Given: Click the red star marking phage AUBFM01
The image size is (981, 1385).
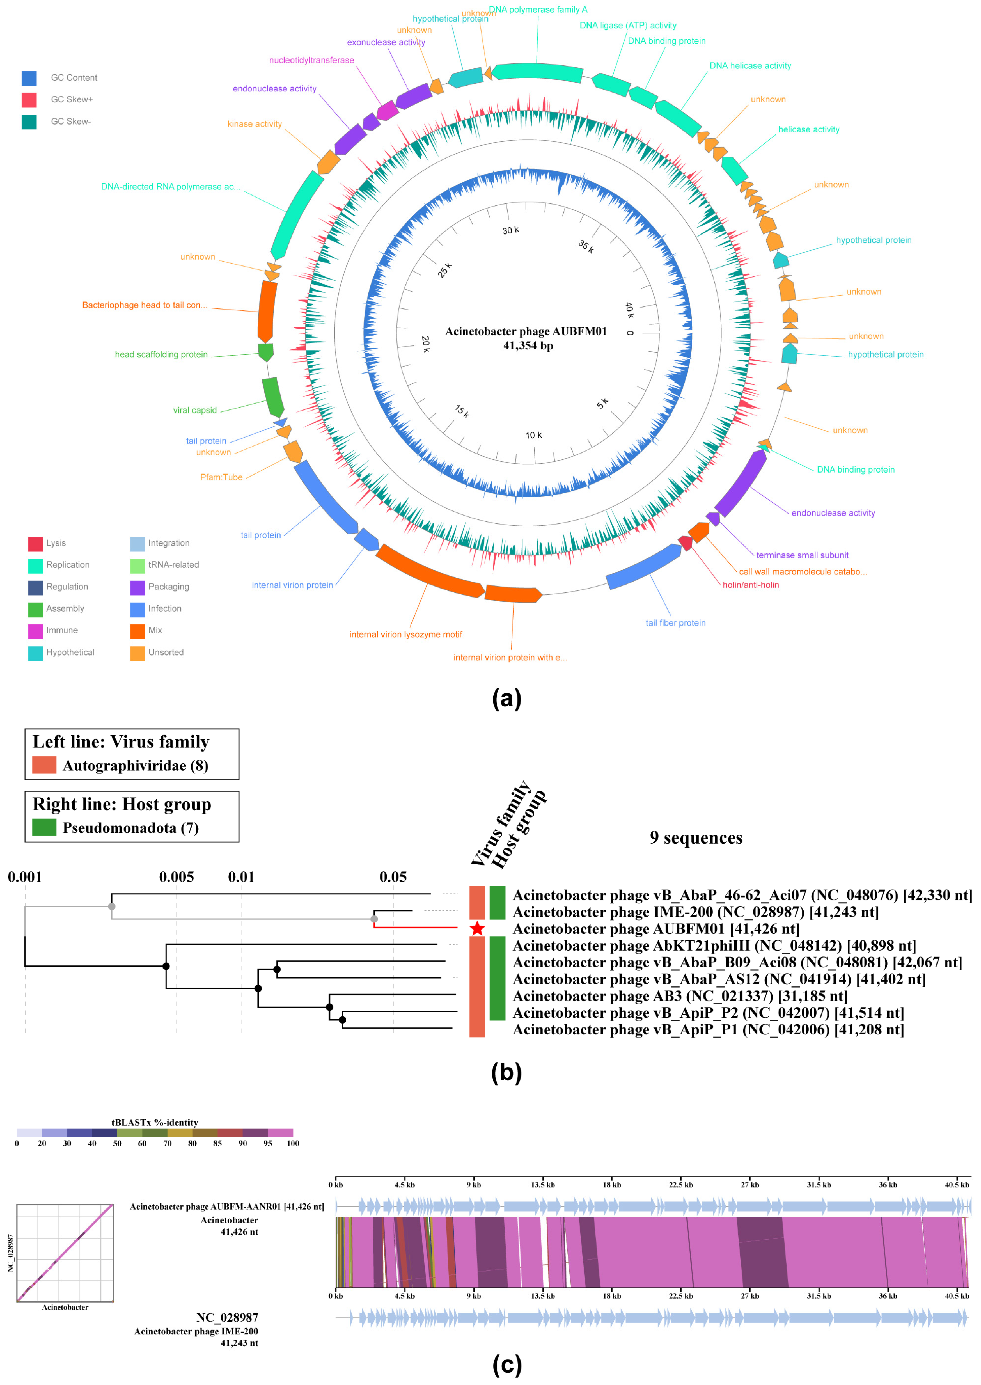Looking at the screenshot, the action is tap(477, 928).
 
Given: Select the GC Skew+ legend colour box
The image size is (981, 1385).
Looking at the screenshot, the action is tap(29, 100).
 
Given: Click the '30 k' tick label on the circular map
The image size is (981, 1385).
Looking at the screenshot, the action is tap(510, 230).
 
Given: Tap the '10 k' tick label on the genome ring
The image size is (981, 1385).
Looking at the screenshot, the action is tap(533, 435).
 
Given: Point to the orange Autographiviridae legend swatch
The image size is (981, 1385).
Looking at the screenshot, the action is tap(44, 765).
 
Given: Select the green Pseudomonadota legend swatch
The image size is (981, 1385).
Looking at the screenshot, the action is tap(44, 828).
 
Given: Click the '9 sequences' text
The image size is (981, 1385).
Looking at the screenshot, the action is tap(696, 838).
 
